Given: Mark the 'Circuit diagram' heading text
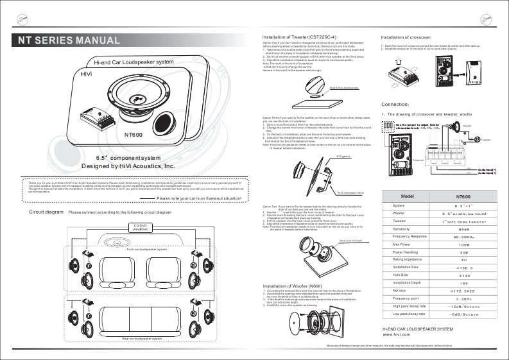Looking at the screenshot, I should pos(41,212).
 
